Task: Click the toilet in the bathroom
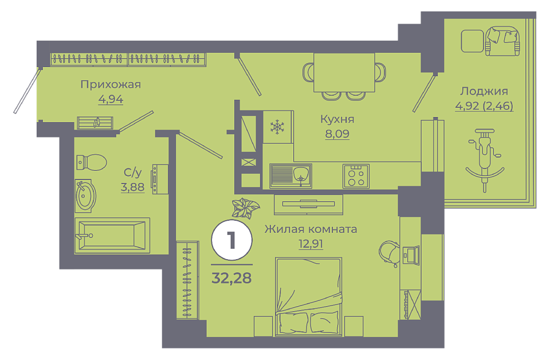pos(91,162)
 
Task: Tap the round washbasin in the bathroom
pos(85,196)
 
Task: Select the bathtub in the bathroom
pos(112,236)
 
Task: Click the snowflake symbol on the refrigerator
pos(277,127)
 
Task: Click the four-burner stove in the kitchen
pos(356,176)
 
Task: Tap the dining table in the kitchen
pos(344,72)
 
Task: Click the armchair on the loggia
pos(502,41)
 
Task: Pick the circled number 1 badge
pos(231,240)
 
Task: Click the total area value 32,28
pos(231,278)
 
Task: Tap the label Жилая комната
pos(311,229)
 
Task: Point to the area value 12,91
pos(311,244)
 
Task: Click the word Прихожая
pos(111,85)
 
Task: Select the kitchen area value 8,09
pos(337,134)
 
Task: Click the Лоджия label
pos(484,91)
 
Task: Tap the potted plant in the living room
pos(246,208)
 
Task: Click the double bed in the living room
pos(309,296)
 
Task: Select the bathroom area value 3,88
pos(132,187)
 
